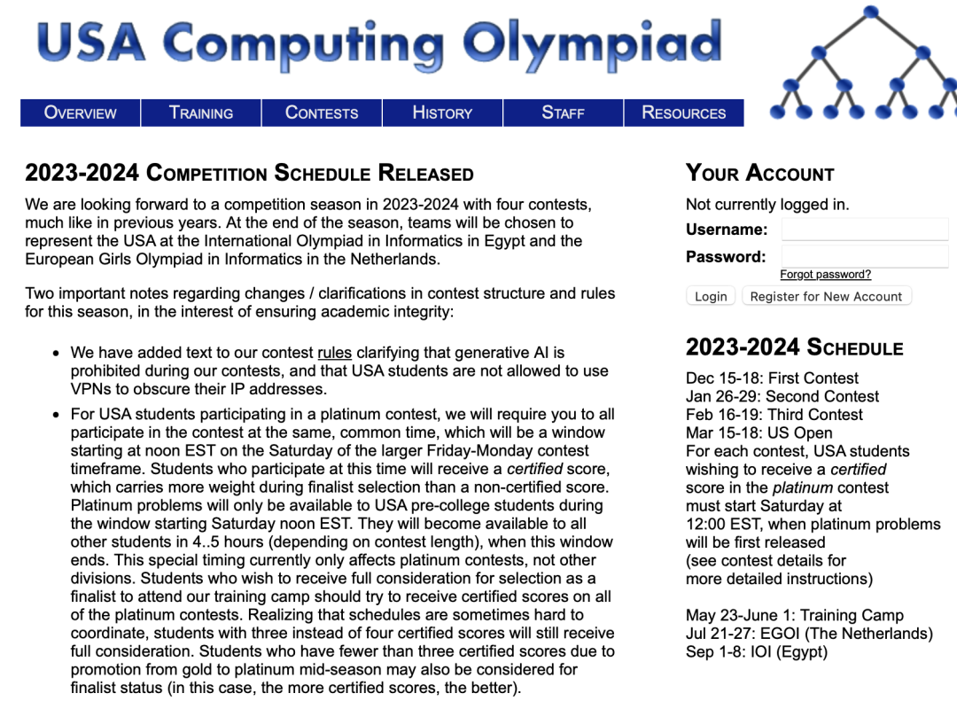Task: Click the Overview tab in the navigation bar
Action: click(81, 113)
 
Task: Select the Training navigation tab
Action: click(201, 113)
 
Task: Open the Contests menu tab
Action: click(322, 113)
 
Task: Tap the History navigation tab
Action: click(442, 113)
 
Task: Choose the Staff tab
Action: click(563, 113)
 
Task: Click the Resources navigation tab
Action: click(683, 113)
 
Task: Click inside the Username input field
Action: click(864, 230)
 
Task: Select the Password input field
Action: click(864, 257)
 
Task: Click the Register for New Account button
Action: click(826, 297)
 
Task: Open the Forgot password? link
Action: click(825, 275)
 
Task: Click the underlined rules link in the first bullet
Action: click(334, 353)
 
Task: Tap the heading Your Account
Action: click(759, 174)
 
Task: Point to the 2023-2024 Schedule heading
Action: click(794, 347)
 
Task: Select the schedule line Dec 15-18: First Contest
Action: click(772, 378)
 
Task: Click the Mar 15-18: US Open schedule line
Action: click(759, 433)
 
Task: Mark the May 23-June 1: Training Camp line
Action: click(794, 616)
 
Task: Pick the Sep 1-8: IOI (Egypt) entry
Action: click(756, 652)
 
